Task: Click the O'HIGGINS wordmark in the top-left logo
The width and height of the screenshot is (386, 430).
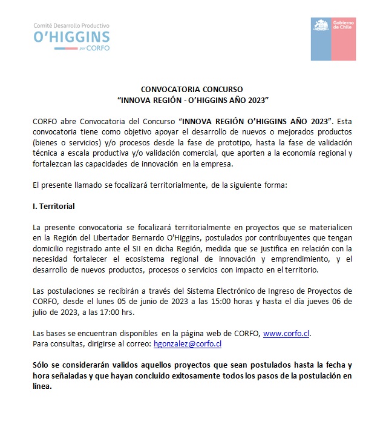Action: [72, 37]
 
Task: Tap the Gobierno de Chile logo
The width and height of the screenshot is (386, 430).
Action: [333, 39]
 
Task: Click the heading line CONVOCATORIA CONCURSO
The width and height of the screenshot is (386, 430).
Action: [192, 88]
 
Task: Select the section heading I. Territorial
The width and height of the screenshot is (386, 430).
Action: [54, 207]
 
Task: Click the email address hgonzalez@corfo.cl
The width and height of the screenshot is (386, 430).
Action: [188, 343]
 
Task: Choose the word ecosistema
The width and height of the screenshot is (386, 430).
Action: [150, 260]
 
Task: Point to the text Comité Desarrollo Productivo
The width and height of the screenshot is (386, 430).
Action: [72, 25]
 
